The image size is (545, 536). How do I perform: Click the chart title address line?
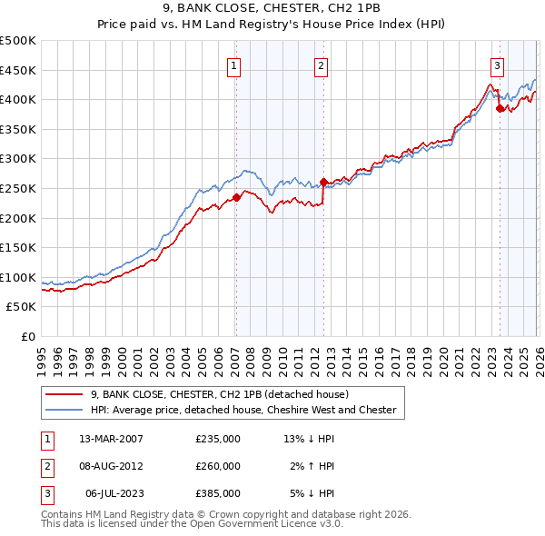[272, 10]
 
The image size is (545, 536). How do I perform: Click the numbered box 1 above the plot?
[234, 65]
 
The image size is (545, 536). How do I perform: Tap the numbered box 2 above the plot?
[322, 65]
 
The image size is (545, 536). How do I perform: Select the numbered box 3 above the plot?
[498, 65]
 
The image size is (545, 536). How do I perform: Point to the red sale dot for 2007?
[236, 196]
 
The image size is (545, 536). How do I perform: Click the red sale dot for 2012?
[324, 182]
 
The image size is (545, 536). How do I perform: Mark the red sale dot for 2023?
[500, 108]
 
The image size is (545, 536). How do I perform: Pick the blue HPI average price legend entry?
[243, 410]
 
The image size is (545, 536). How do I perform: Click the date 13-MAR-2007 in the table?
[111, 439]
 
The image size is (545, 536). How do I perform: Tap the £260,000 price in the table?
[218, 466]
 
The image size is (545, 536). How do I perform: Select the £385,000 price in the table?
[218, 493]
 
